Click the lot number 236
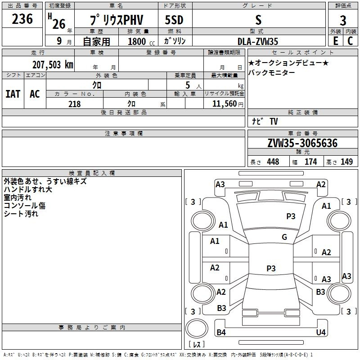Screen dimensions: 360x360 pyautogui.click(x=22, y=19)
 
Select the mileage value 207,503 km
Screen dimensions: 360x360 pyautogui.click(x=52, y=64)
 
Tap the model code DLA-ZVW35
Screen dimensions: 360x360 pyautogui.click(x=258, y=41)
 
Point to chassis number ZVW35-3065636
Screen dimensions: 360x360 pyautogui.click(x=302, y=143)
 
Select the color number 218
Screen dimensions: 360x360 pyautogui.click(x=74, y=104)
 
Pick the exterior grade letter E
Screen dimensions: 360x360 pyautogui.click(x=336, y=41)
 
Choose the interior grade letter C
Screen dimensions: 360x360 pyautogui.click(x=350, y=41)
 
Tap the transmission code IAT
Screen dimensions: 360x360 pyautogui.click(x=13, y=94)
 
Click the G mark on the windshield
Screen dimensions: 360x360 pyautogui.click(x=284, y=237)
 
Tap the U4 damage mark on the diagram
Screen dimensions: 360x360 pyautogui.click(x=321, y=333)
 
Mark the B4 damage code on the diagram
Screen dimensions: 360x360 pyautogui.click(x=221, y=333)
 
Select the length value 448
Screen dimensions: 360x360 pyautogui.click(x=273, y=162)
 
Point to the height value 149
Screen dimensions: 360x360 pyautogui.click(x=346, y=162)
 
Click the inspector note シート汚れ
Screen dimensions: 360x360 pyautogui.click(x=21, y=214)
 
